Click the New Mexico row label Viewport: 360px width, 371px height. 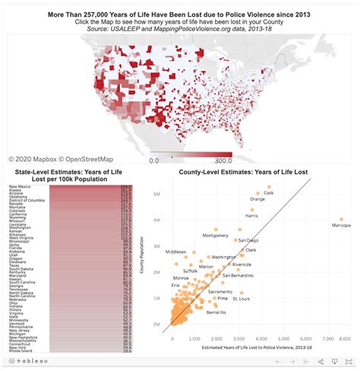tap(20, 186)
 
